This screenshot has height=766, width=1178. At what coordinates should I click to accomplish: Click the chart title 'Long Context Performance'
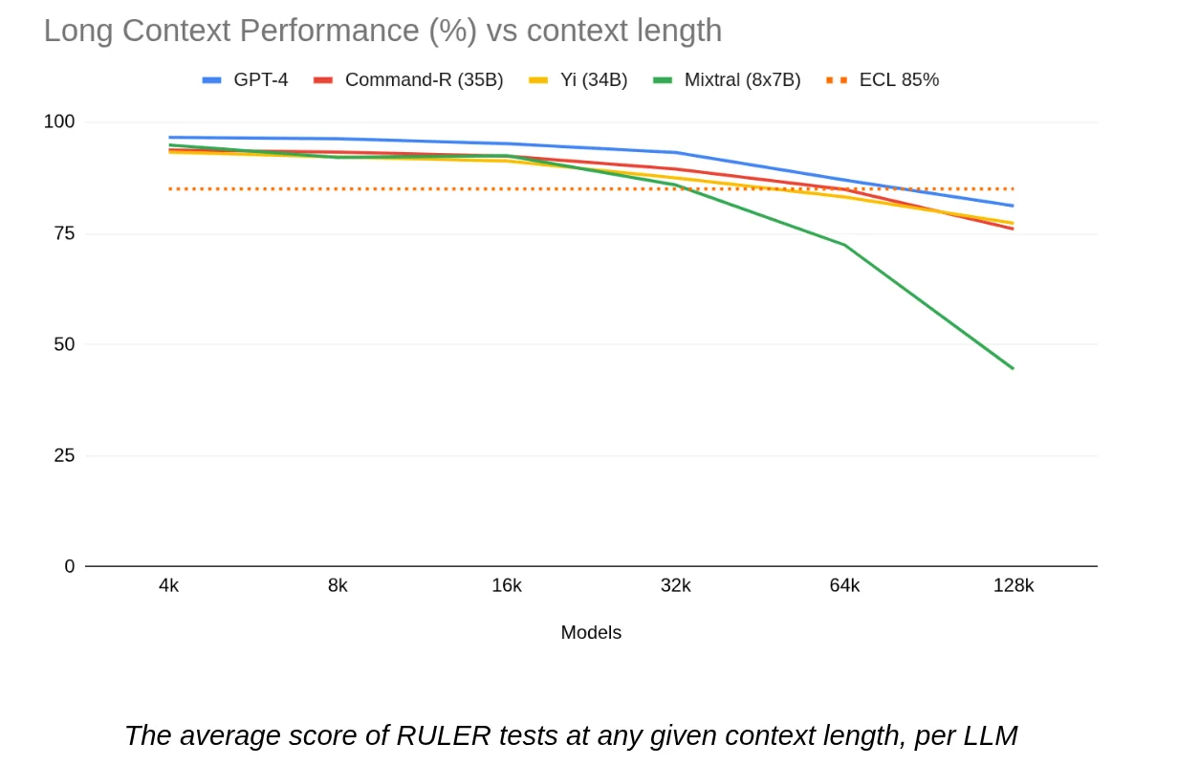[x=382, y=31]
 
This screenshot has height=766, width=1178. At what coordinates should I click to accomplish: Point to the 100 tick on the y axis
[x=59, y=121]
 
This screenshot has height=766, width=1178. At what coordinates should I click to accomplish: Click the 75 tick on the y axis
[x=64, y=233]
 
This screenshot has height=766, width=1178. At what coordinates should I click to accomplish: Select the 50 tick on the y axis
[x=64, y=344]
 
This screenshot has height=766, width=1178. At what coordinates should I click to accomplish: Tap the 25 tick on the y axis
[x=64, y=456]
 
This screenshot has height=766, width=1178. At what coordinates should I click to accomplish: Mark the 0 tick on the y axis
[x=69, y=566]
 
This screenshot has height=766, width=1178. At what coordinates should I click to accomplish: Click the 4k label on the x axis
[x=169, y=586]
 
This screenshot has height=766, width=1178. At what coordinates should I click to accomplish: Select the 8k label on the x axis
[x=338, y=586]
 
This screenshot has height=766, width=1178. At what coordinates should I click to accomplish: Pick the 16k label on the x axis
[x=507, y=586]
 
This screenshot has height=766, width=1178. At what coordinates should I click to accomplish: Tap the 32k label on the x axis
[x=676, y=586]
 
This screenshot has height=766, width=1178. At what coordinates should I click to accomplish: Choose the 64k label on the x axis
[x=844, y=586]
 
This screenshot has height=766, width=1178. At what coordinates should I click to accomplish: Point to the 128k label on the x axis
[x=1014, y=586]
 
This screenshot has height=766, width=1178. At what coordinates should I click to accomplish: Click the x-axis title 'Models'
[x=591, y=633]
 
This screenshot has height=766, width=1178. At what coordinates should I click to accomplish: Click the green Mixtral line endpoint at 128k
[x=1013, y=368]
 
